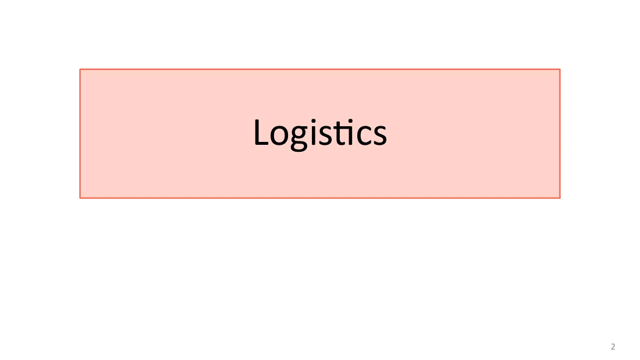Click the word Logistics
pyautogui.click(x=320, y=133)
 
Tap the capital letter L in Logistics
pyautogui.click(x=261, y=132)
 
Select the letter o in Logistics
pyautogui.click(x=280, y=136)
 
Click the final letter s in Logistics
pyautogui.click(x=379, y=136)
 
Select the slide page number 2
pyautogui.click(x=613, y=347)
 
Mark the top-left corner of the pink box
pyautogui.click(x=80, y=69)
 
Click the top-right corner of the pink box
pyautogui.click(x=560, y=69)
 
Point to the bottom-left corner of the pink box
pyautogui.click(x=80, y=198)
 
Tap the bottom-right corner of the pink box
pyautogui.click(x=560, y=198)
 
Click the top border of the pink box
pyautogui.click(x=320, y=69)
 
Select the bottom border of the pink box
pyautogui.click(x=320, y=198)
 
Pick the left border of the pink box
pyautogui.click(x=80, y=133)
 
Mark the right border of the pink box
pyautogui.click(x=560, y=133)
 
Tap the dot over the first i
pyautogui.click(x=313, y=121)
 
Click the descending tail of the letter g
pyautogui.click(x=299, y=148)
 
